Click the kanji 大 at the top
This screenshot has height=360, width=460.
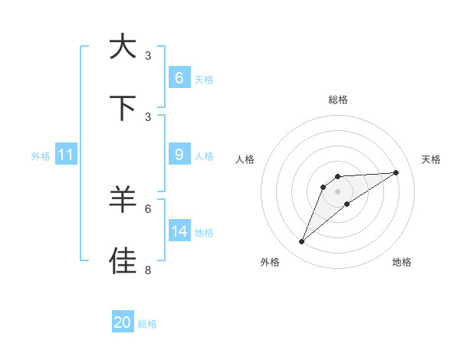pos(123,47)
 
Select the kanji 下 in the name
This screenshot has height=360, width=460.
pos(123,108)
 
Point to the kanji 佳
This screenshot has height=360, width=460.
pos(123,260)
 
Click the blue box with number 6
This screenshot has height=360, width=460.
pos(179,78)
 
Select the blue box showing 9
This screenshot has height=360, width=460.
pos(179,155)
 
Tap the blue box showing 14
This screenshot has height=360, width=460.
pos(179,231)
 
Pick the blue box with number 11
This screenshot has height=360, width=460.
pos(65,155)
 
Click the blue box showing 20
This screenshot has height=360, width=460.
pos(122,322)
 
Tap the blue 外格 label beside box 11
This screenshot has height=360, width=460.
pos(41,156)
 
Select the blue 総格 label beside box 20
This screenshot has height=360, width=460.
pos(147,324)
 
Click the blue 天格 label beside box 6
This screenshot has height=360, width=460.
pos(204,80)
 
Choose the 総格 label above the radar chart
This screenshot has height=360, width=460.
pos(337,100)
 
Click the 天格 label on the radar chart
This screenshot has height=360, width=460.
pos(431,159)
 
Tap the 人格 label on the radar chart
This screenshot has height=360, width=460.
pos(245,159)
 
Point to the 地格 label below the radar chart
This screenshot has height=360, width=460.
pos(402,262)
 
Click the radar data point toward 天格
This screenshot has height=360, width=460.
pos(396,172)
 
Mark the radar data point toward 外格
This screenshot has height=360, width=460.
pos(302,242)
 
